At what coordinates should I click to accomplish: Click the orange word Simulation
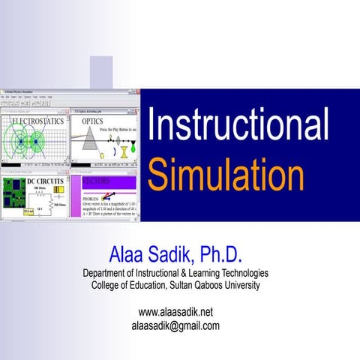(225, 174)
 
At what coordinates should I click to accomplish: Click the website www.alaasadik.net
(176, 311)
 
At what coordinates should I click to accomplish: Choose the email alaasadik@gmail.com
(175, 325)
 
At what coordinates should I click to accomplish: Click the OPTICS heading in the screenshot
(93, 120)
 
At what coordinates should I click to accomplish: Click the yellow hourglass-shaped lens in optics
(122, 150)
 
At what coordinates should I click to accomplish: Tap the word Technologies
(242, 272)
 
